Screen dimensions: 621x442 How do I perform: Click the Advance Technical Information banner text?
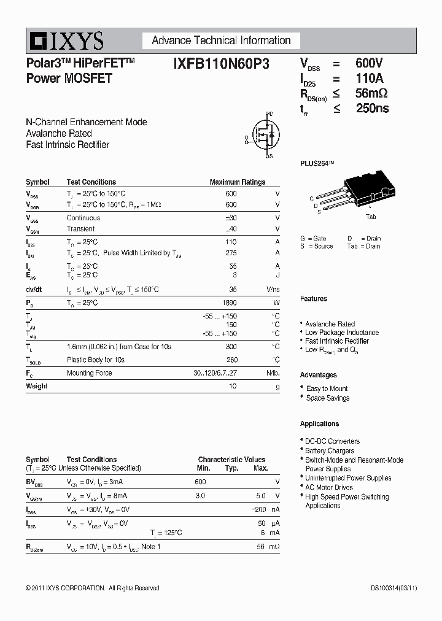point(221,40)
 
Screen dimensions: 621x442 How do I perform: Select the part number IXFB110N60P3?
point(221,63)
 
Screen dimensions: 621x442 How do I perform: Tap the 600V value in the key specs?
point(369,63)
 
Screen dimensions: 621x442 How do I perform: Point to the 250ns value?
point(372,109)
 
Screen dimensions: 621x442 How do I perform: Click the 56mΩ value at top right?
point(371,93)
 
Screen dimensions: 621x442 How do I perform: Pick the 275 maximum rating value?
point(231,253)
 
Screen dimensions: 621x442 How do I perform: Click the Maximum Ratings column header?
point(237,182)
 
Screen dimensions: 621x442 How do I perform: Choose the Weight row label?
point(37,386)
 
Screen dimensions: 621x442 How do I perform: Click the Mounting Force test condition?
point(89,373)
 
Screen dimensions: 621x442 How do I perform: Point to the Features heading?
point(313,299)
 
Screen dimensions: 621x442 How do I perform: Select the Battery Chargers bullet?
point(330,450)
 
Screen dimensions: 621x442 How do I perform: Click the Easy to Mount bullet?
point(327,388)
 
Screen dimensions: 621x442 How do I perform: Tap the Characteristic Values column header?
point(231,460)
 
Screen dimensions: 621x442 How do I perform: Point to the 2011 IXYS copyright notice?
point(92,588)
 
